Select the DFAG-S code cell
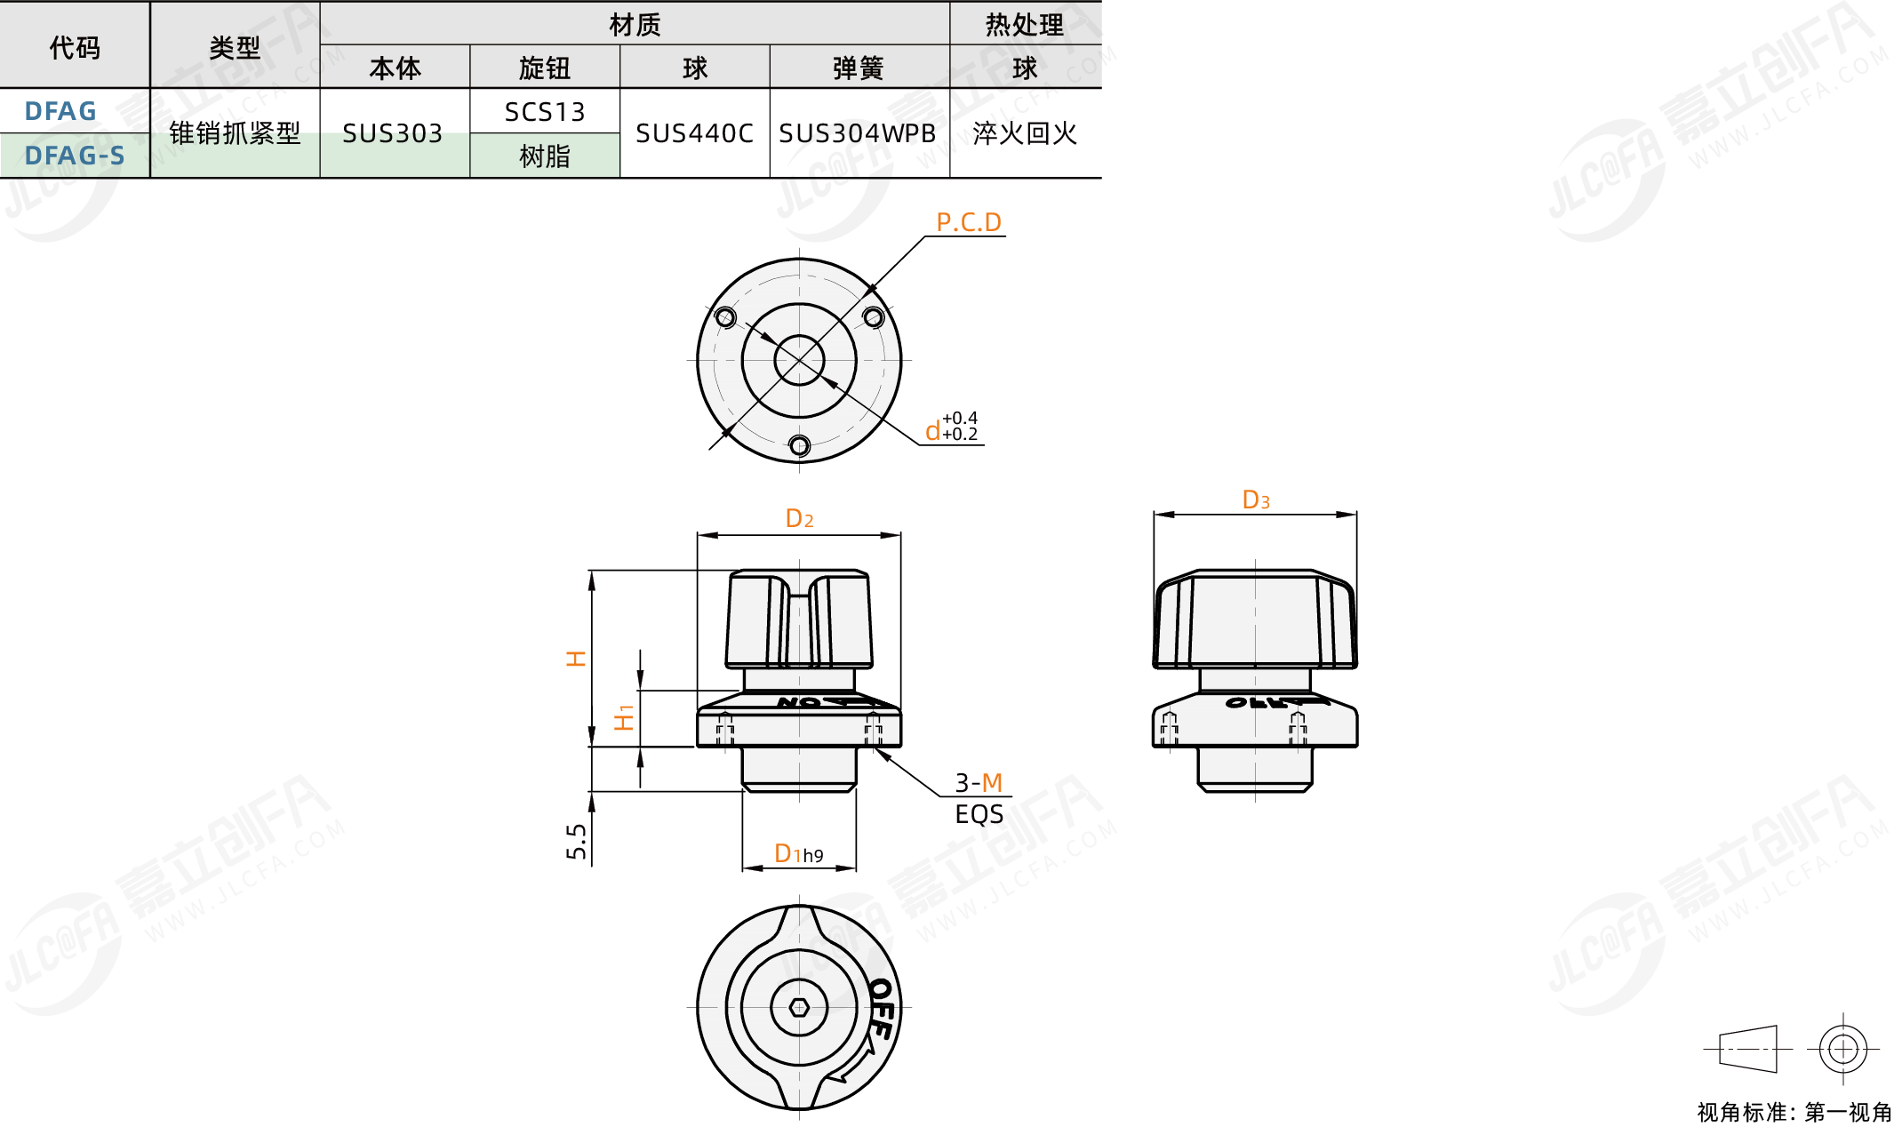pyautogui.click(x=75, y=156)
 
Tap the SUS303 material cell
pyautogui.click(x=393, y=133)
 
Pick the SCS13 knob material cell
pyautogui.click(x=545, y=112)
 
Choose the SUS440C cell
pyautogui.click(x=694, y=133)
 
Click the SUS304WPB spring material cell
pyautogui.click(x=858, y=133)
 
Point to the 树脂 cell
pyautogui.click(x=545, y=156)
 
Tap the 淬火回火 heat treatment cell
pyautogui.click(x=1025, y=133)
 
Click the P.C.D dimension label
pyautogui.click(x=969, y=222)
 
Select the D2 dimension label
pyautogui.click(x=799, y=518)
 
